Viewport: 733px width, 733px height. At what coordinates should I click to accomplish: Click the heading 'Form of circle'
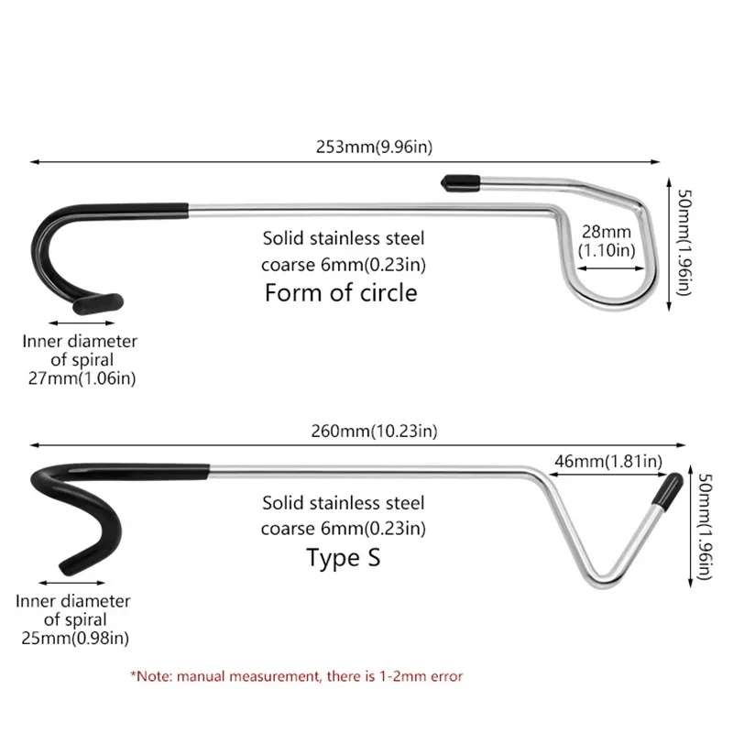click(341, 293)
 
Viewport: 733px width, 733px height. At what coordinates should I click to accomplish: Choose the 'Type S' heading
click(344, 558)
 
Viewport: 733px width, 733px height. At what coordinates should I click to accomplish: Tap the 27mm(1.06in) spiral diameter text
click(80, 377)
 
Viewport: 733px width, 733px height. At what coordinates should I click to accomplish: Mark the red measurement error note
click(296, 676)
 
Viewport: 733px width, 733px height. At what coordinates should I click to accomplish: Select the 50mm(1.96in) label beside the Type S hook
click(703, 526)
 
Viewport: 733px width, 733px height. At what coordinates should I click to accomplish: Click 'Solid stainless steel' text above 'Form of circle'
click(344, 240)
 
